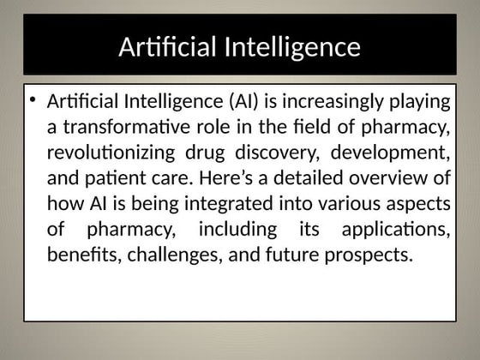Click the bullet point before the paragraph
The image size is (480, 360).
point(32,101)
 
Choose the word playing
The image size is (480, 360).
point(417,102)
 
